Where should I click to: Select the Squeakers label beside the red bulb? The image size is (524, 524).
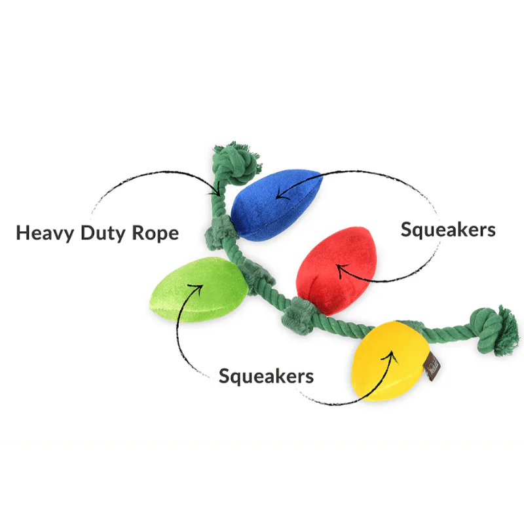click(448, 229)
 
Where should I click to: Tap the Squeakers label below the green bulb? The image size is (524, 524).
click(266, 376)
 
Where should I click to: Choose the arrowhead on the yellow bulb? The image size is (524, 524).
click(392, 355)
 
